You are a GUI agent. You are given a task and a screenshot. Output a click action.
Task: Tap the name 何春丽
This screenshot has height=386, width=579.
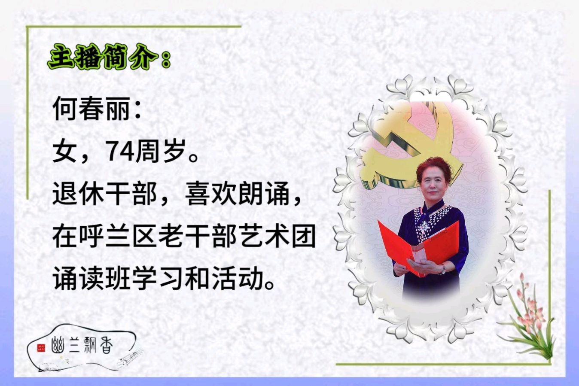[91, 108]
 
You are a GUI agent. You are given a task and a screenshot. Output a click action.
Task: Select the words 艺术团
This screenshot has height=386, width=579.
[277, 236]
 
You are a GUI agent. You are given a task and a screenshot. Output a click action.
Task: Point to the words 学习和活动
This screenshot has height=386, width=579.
[198, 279]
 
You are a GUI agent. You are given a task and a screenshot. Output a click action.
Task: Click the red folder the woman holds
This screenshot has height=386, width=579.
[418, 248]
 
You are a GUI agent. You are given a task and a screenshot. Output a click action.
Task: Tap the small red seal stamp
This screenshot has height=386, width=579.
[41, 348]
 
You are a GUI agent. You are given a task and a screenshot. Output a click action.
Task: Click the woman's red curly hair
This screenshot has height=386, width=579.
[434, 168]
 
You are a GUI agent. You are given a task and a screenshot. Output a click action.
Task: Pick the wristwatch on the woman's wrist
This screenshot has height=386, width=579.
[444, 269]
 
